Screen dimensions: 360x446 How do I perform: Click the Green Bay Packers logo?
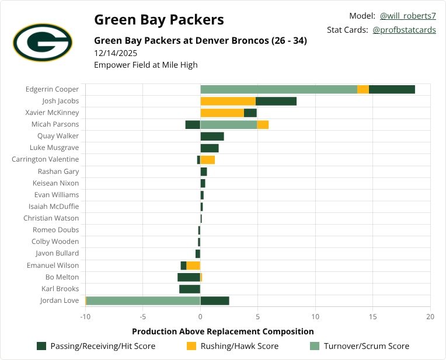[x=42, y=43]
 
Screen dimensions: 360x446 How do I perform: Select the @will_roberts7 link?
[x=407, y=16]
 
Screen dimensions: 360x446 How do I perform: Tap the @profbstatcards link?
[x=404, y=30]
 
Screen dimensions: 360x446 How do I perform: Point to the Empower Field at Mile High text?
[x=145, y=65]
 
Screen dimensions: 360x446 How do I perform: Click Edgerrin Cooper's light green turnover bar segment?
[x=278, y=89]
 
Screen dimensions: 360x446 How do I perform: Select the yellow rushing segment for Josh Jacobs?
[x=228, y=101]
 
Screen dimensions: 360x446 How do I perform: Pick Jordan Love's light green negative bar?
[x=143, y=300]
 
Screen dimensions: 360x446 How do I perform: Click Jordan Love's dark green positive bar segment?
[x=214, y=300]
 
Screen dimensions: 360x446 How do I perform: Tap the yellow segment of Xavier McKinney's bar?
[x=222, y=113]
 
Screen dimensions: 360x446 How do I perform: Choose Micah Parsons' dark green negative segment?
[x=193, y=124]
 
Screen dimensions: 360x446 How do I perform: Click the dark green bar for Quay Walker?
[x=212, y=136]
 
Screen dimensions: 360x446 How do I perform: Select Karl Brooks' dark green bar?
[x=190, y=289]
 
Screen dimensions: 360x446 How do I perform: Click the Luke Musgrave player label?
[x=54, y=148]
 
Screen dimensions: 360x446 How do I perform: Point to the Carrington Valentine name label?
[x=45, y=159]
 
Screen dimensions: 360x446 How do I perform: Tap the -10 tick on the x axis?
[x=85, y=317]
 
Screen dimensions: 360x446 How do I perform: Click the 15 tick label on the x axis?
[x=372, y=317]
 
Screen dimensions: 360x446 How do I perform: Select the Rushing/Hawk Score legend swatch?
[x=191, y=346]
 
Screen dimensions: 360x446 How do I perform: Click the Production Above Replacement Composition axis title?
[x=223, y=331]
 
